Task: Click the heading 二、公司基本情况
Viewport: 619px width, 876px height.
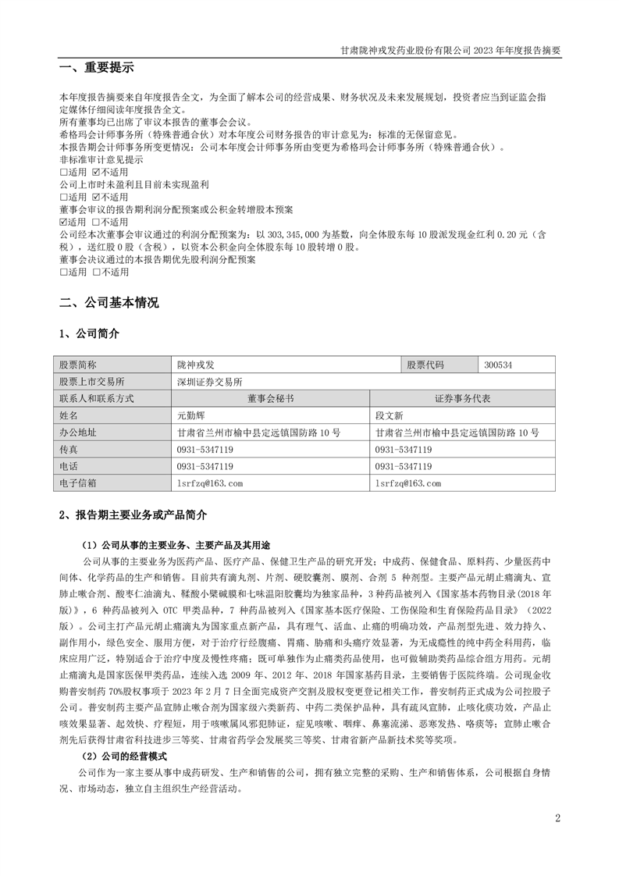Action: (x=109, y=302)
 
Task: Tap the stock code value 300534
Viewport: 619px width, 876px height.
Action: (x=499, y=365)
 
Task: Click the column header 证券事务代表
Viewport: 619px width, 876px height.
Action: (x=464, y=398)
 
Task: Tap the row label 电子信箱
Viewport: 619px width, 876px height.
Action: (x=78, y=483)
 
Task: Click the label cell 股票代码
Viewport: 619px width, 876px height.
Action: (x=425, y=365)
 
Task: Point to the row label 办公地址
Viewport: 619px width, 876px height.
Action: (x=78, y=433)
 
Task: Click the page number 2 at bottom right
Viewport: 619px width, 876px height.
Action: (x=557, y=818)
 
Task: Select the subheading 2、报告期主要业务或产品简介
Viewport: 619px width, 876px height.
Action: (x=133, y=515)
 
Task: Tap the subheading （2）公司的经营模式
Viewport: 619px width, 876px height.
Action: (x=125, y=756)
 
